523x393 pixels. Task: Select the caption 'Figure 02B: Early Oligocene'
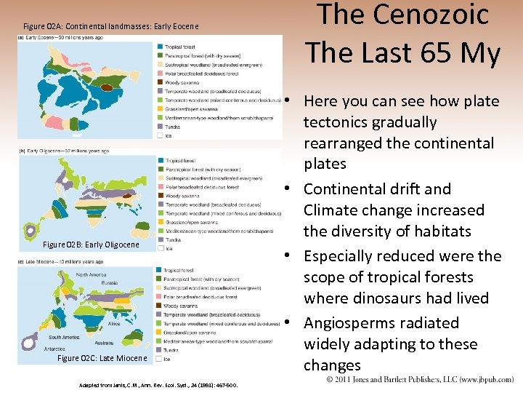[x=91, y=245]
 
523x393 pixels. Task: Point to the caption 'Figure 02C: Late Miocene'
[x=102, y=358]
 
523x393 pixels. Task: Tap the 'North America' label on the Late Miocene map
[x=91, y=274]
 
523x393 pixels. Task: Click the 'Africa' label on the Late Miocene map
[x=114, y=323]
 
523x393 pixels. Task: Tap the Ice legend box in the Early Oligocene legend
[x=159, y=248]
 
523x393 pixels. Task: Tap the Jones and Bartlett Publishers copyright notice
[x=419, y=380]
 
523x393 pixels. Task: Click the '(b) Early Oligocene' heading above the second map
[x=63, y=151]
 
